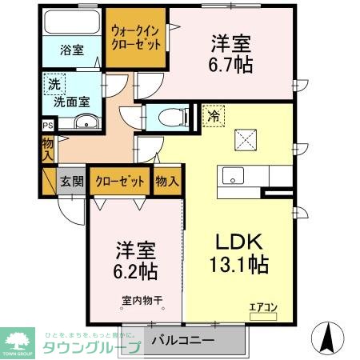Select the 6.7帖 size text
pos(232,64)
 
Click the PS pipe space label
pos(46,125)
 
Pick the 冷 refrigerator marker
pos(214,115)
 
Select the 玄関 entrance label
pos(72,181)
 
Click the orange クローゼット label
pos(120,181)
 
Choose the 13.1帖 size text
pos(238,263)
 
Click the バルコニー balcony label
pos(182,340)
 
